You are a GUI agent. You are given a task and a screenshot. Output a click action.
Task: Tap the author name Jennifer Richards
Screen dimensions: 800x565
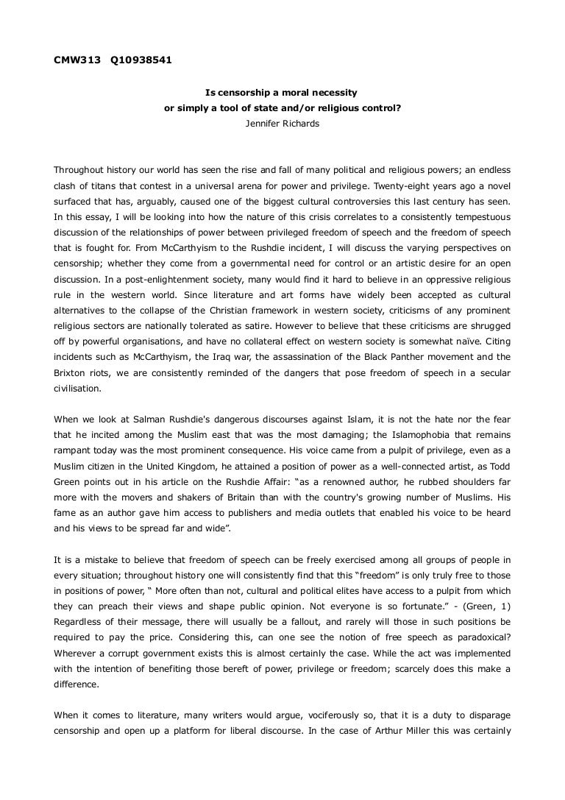coord(282,124)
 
